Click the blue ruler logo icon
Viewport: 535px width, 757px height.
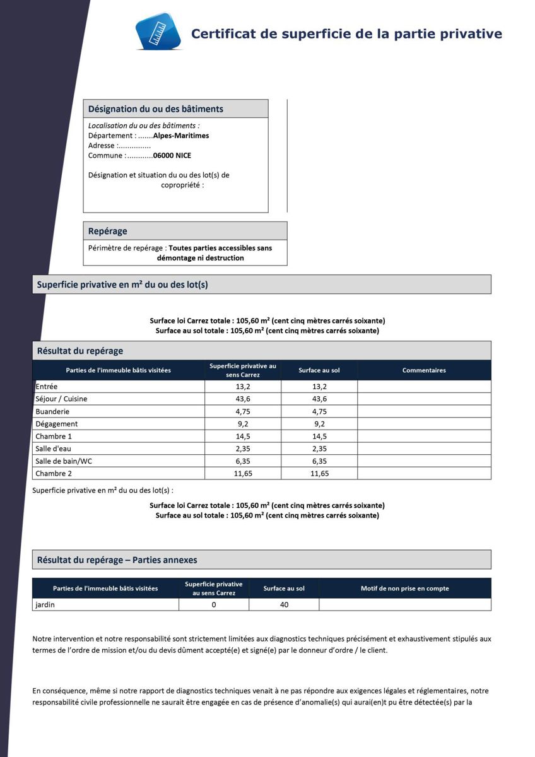point(158,31)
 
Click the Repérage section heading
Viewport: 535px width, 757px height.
point(108,231)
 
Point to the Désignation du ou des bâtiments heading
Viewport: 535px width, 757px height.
point(155,109)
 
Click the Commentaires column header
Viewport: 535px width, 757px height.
point(424,370)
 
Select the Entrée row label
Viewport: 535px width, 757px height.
point(46,387)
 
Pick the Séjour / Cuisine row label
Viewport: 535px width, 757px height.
point(61,399)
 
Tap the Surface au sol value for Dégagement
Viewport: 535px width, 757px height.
point(319,424)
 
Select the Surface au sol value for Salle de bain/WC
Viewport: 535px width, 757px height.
point(319,461)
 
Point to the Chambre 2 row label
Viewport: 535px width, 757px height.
point(54,474)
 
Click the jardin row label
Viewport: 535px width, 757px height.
point(45,605)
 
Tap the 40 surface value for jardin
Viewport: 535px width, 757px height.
point(284,605)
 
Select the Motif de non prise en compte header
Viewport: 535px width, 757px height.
point(404,589)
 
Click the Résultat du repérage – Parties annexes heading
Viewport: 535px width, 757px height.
point(117,560)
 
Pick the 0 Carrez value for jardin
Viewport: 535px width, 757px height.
point(214,605)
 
